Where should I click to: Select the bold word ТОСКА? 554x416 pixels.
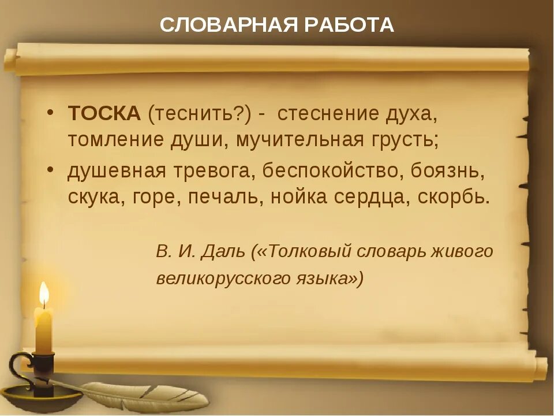pos(104,114)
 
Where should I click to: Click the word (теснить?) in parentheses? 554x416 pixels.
pos(199,114)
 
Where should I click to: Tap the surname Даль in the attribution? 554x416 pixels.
pos(224,251)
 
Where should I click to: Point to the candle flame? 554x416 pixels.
pos(43,295)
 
